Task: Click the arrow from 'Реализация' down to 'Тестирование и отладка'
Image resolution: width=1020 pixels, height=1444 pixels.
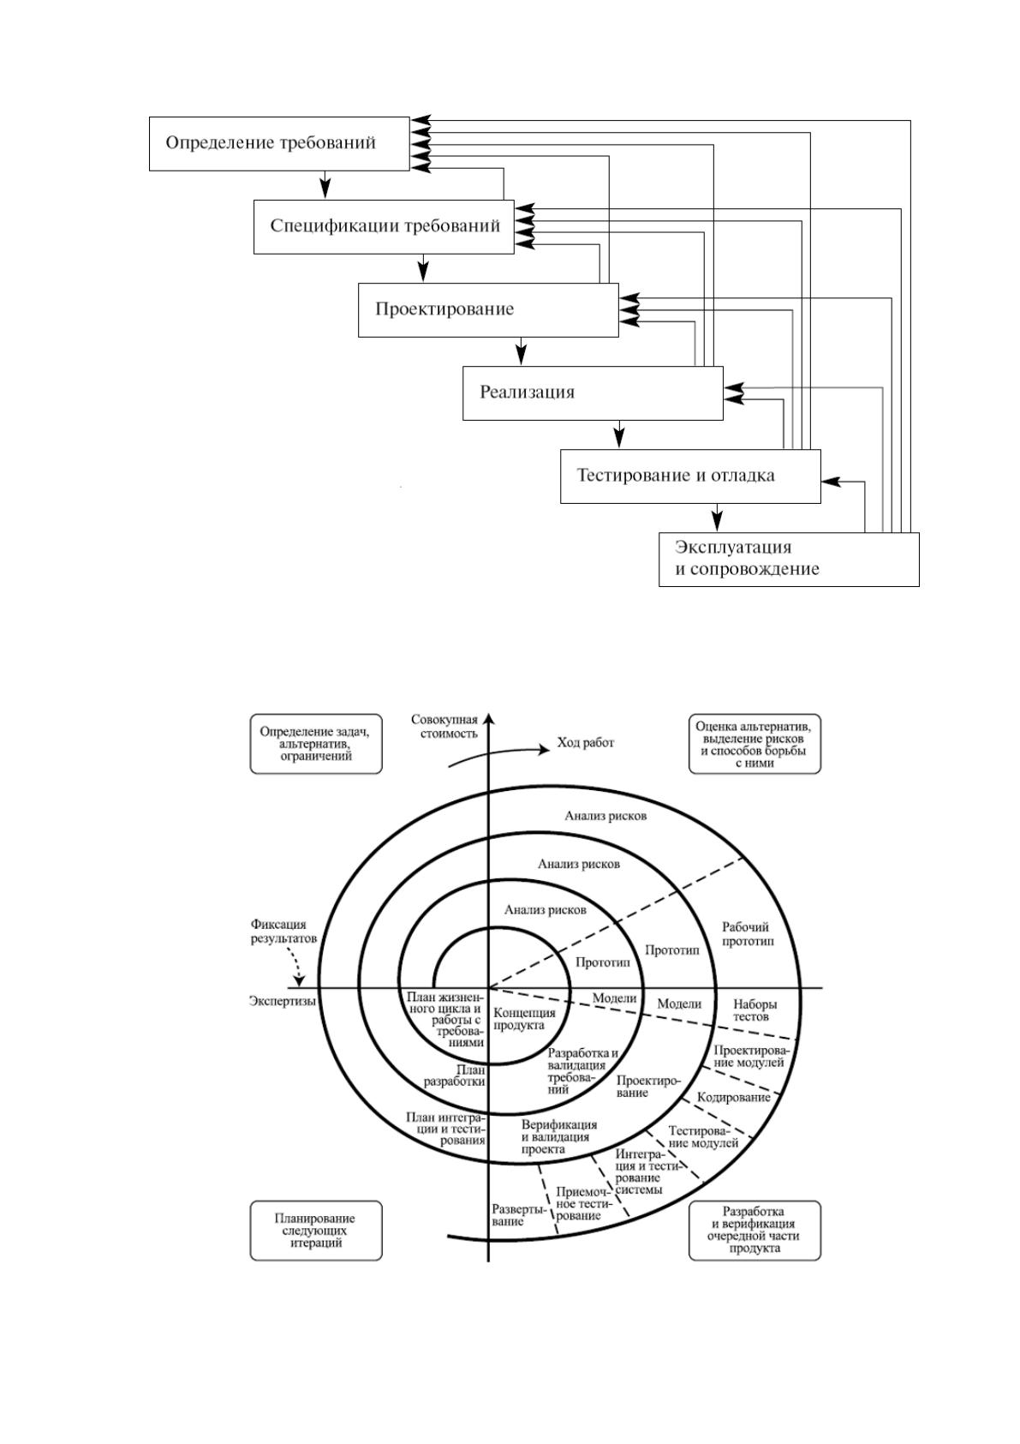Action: pyautogui.click(x=619, y=434)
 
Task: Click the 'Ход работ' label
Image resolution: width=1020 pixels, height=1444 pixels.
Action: pyautogui.click(x=585, y=743)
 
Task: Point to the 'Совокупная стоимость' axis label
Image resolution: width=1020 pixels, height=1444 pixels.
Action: pyautogui.click(x=444, y=727)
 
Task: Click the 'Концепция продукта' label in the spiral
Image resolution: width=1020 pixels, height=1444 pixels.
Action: pyautogui.click(x=524, y=1019)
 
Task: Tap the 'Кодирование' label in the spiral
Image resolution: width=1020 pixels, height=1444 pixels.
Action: pyautogui.click(x=733, y=1097)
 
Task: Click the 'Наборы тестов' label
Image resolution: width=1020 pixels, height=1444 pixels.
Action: pyautogui.click(x=755, y=1010)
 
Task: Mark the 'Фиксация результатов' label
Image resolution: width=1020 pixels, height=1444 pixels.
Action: pyautogui.click(x=283, y=932)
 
